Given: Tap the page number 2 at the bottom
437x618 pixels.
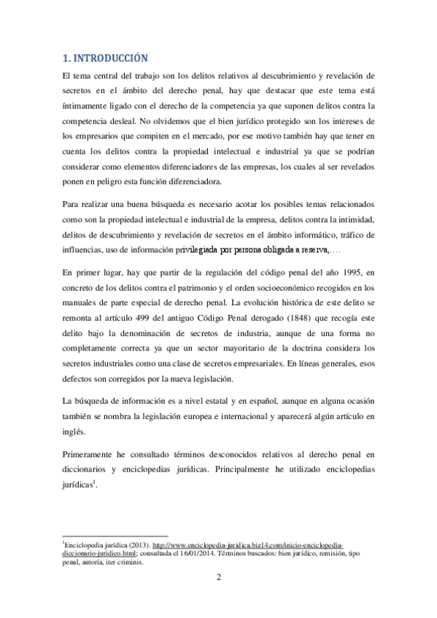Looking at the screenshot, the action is (219, 579).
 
